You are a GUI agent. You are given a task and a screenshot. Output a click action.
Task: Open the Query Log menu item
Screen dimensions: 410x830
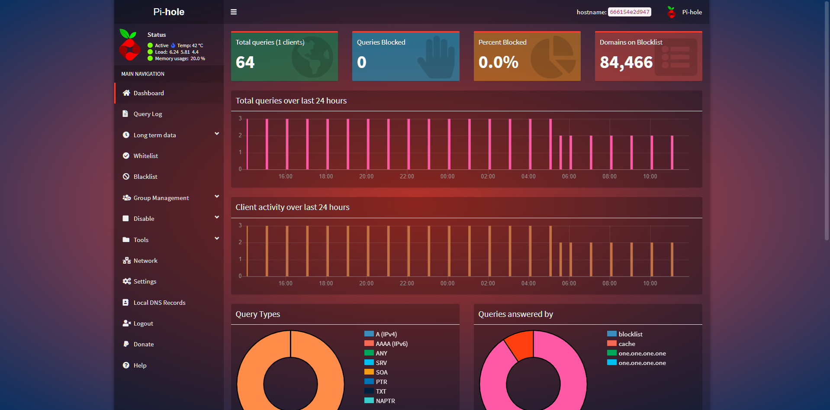coord(148,114)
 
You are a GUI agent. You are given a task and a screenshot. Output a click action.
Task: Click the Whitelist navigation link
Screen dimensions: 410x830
coord(145,156)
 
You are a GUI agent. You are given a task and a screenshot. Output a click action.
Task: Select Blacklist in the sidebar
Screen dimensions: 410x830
coord(145,177)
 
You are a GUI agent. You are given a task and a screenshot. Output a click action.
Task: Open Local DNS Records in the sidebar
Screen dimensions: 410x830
coord(159,303)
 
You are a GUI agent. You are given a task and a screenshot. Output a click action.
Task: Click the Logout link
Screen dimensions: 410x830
coord(143,323)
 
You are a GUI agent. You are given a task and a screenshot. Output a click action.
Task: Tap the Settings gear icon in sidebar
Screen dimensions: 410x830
coord(126,281)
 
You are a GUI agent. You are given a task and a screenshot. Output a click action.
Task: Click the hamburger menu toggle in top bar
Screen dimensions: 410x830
coord(234,12)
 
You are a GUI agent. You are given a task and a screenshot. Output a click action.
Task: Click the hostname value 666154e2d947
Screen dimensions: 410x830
coord(629,12)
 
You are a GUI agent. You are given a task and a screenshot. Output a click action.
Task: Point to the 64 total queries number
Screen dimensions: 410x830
coord(245,62)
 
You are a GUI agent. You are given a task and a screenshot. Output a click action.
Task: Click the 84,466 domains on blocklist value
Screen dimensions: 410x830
coord(626,62)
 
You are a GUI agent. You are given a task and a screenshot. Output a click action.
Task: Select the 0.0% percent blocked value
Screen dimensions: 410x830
coord(498,62)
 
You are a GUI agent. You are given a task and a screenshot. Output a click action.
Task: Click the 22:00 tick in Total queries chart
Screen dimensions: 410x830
coord(407,177)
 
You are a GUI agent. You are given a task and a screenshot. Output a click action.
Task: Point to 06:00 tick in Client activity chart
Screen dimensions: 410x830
coord(569,284)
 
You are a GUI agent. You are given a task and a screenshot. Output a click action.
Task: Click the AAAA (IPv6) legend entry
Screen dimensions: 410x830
coord(391,344)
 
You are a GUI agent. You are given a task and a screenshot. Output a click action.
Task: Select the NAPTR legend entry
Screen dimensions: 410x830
coord(385,401)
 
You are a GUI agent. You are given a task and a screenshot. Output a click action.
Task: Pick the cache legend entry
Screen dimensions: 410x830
coord(627,344)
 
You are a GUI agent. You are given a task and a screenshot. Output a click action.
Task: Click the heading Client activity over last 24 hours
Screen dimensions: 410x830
coord(293,207)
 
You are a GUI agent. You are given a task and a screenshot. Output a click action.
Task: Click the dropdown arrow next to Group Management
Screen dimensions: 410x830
coord(217,197)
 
